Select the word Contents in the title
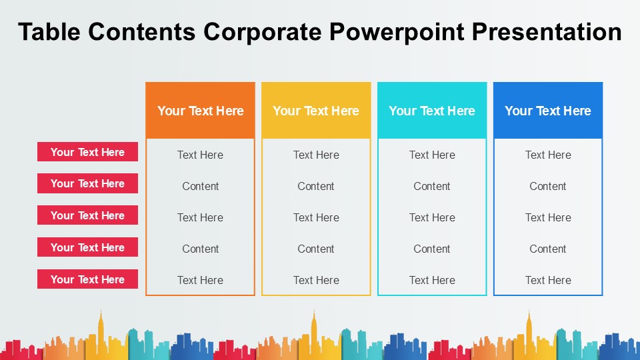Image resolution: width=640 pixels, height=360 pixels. click(141, 32)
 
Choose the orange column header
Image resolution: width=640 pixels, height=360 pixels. click(200, 111)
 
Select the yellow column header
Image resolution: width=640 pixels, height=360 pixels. click(316, 111)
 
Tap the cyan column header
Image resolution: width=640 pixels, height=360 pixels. click(432, 111)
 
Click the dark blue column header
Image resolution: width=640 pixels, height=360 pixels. click(548, 111)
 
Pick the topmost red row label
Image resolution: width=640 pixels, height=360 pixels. click(87, 152)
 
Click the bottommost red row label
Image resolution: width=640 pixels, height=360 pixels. click(87, 279)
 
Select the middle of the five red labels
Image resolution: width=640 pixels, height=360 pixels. click(87, 215)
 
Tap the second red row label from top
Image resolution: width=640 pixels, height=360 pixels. click(87, 183)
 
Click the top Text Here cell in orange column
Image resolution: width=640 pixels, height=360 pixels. click(200, 155)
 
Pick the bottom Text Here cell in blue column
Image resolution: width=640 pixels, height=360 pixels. click(548, 280)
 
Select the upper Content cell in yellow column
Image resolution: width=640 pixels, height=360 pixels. click(316, 186)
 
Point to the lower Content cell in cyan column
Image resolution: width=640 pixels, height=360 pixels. click(432, 249)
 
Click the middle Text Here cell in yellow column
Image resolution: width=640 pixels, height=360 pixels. click(316, 217)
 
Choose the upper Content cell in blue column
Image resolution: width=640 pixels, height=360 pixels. click(548, 186)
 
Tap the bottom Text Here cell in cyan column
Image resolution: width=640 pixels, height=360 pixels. click(432, 280)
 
